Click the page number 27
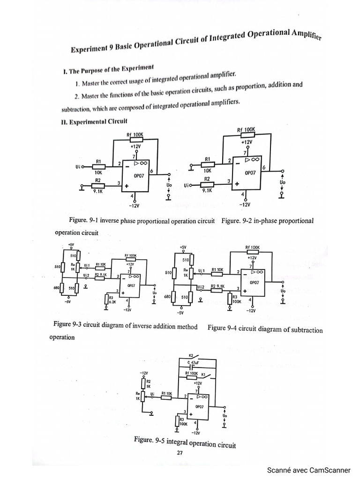coord(180,452)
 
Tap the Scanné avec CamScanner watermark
coord(308,470)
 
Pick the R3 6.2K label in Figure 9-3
coord(112,300)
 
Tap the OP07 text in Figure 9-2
coord(250,172)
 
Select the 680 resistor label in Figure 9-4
coord(167,297)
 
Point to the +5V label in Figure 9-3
coord(71,245)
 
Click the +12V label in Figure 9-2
coord(247,141)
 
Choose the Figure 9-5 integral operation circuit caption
coord(184,442)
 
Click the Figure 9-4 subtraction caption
coord(265,329)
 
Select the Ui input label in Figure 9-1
coord(78,166)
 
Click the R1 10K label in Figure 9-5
coord(166,393)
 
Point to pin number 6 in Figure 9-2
coord(264,167)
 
